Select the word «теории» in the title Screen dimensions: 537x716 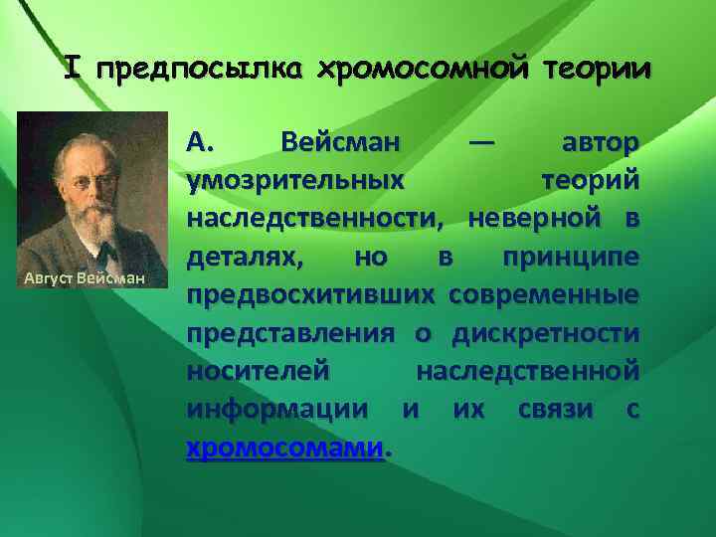595,71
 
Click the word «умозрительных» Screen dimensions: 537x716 294,181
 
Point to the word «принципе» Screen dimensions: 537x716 570,257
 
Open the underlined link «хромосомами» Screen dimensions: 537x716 284,448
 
